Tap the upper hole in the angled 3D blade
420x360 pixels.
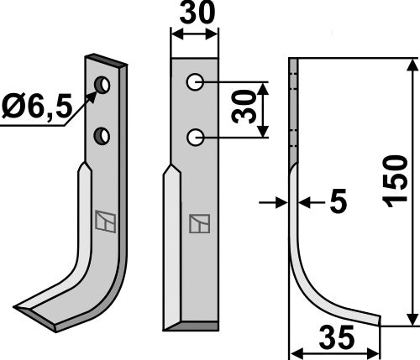pyautogui.click(x=102, y=85)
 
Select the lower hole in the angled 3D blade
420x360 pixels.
pyautogui.click(x=102, y=134)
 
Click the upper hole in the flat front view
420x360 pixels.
pyautogui.click(x=194, y=82)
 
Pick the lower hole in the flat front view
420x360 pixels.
pyautogui.click(x=194, y=136)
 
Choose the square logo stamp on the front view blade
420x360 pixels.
pyautogui.click(x=199, y=224)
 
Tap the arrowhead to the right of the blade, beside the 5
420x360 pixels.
pyautogui.click(x=304, y=202)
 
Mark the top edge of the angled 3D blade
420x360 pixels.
pyautogui.click(x=105, y=60)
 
